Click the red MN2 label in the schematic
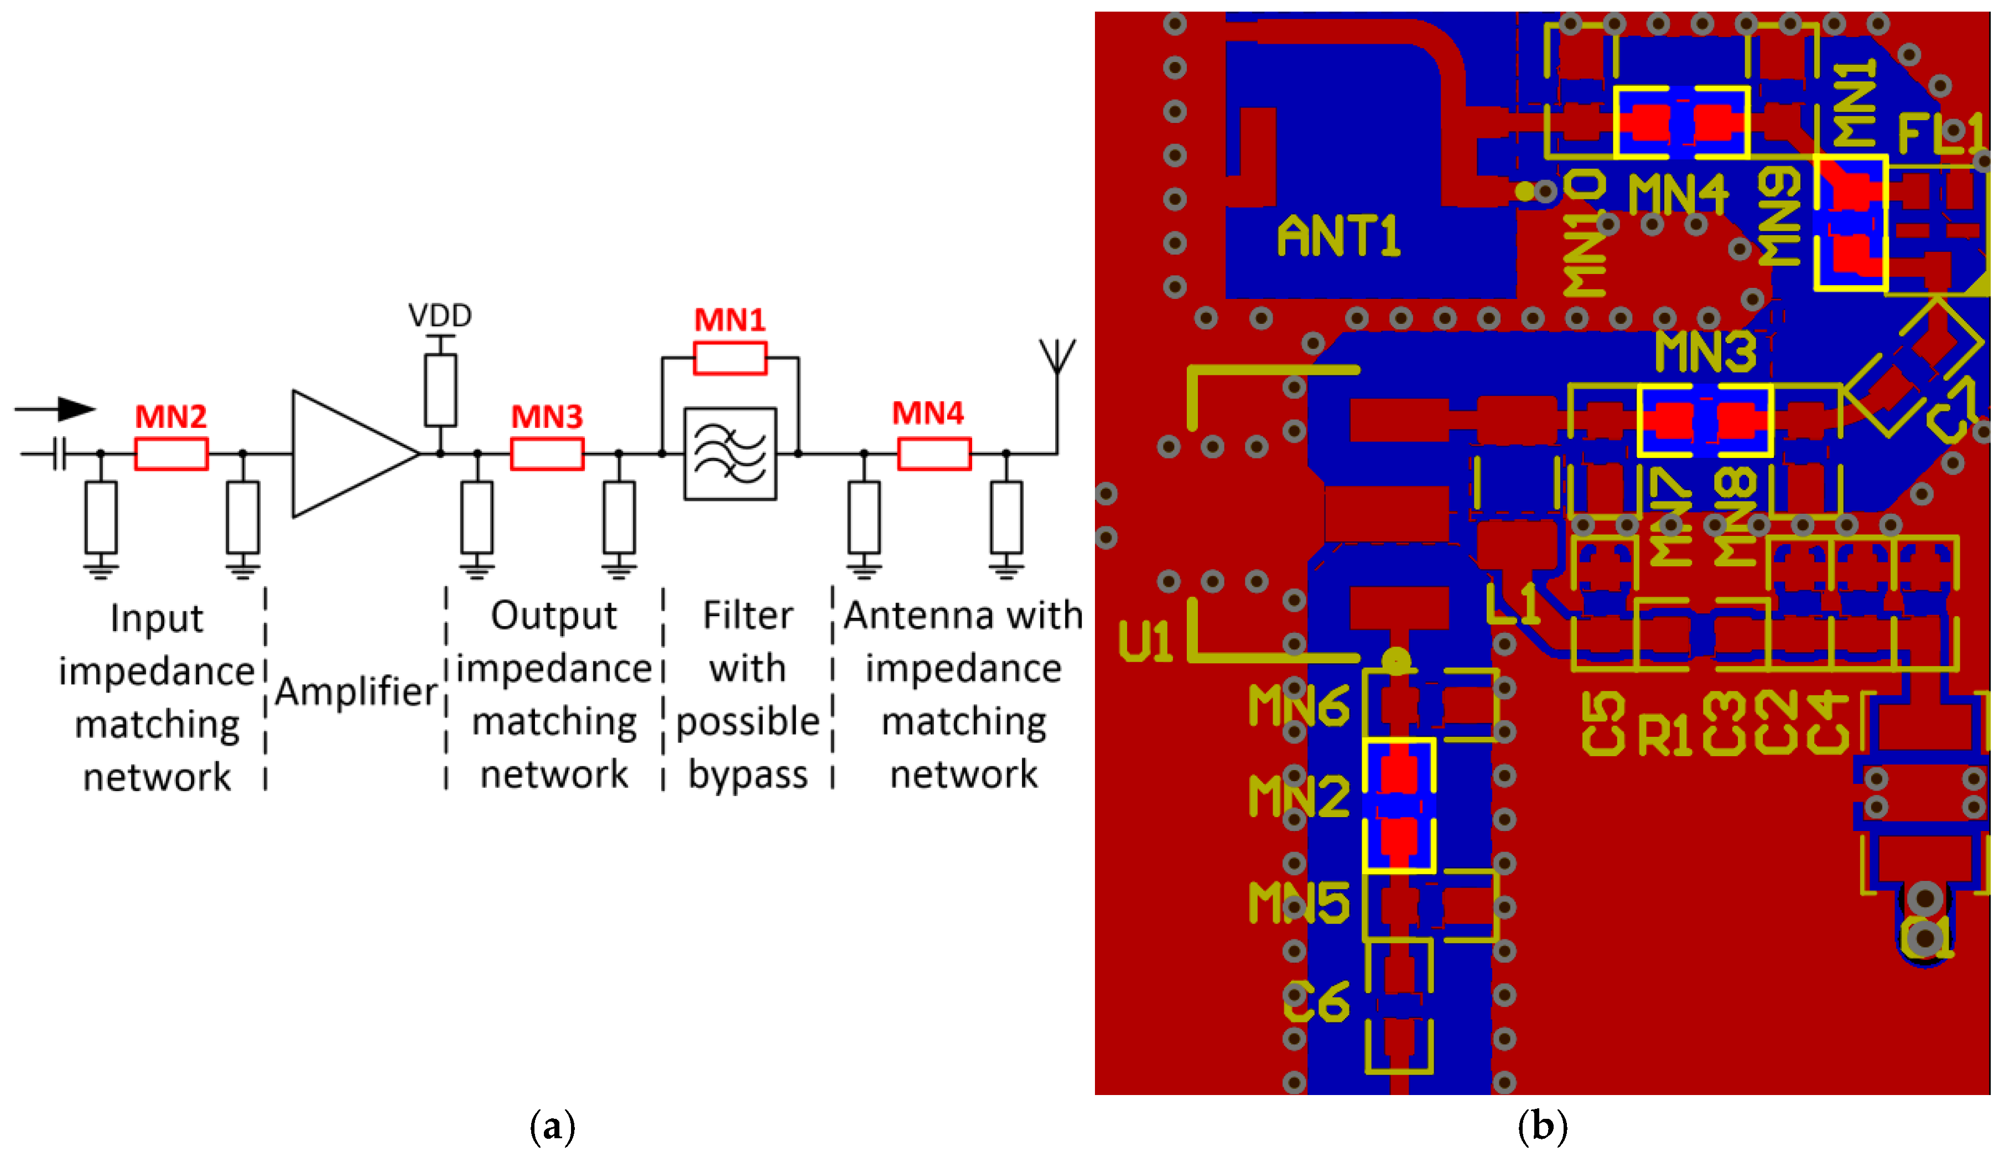point(170,417)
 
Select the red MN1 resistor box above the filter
point(729,359)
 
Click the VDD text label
point(440,316)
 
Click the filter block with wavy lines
point(729,454)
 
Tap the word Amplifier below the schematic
point(355,691)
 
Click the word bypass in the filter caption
point(747,774)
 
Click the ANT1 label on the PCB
point(1338,236)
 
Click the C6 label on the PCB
point(1316,1003)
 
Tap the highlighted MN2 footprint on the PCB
point(1399,805)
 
